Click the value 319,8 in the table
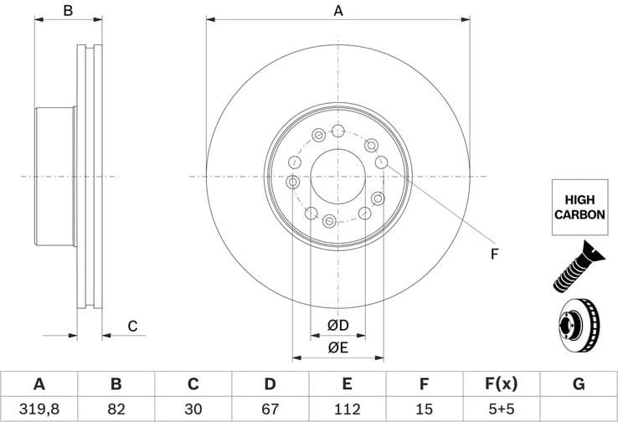click(39, 409)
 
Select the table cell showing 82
click(116, 409)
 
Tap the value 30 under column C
click(193, 409)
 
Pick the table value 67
click(270, 409)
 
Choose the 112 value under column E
click(347, 409)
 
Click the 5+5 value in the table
click(501, 409)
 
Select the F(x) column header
click(501, 384)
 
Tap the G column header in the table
click(578, 384)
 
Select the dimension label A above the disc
click(338, 11)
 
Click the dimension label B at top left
click(69, 11)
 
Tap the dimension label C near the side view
click(131, 327)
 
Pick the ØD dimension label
click(337, 325)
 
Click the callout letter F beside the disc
click(494, 254)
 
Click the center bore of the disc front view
click(338, 176)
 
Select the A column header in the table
click(39, 384)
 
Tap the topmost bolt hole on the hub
click(337, 131)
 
